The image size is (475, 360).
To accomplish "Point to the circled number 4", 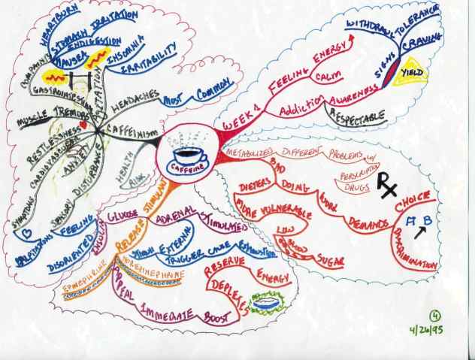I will coord(449,315).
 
